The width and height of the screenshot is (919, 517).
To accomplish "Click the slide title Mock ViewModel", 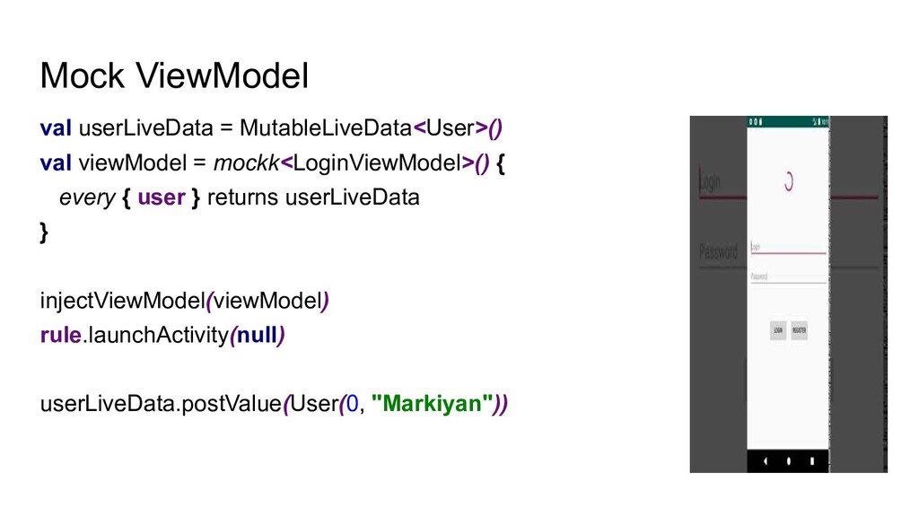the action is (174, 77).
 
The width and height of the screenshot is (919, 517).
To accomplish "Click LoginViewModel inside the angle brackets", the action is (377, 162).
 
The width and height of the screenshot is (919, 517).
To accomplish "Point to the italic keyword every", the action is (86, 197).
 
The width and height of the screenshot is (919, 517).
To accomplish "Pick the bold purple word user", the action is (162, 197).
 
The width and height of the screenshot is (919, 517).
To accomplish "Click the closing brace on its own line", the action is (45, 232).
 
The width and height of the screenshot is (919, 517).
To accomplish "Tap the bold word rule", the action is (61, 335).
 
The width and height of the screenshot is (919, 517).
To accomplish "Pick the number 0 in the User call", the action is (353, 404).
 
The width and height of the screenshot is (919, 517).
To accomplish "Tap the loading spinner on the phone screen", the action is (788, 182).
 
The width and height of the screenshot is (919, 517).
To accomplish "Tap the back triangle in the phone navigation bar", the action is (766, 460).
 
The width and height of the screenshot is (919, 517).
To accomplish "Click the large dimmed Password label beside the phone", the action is (718, 250).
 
